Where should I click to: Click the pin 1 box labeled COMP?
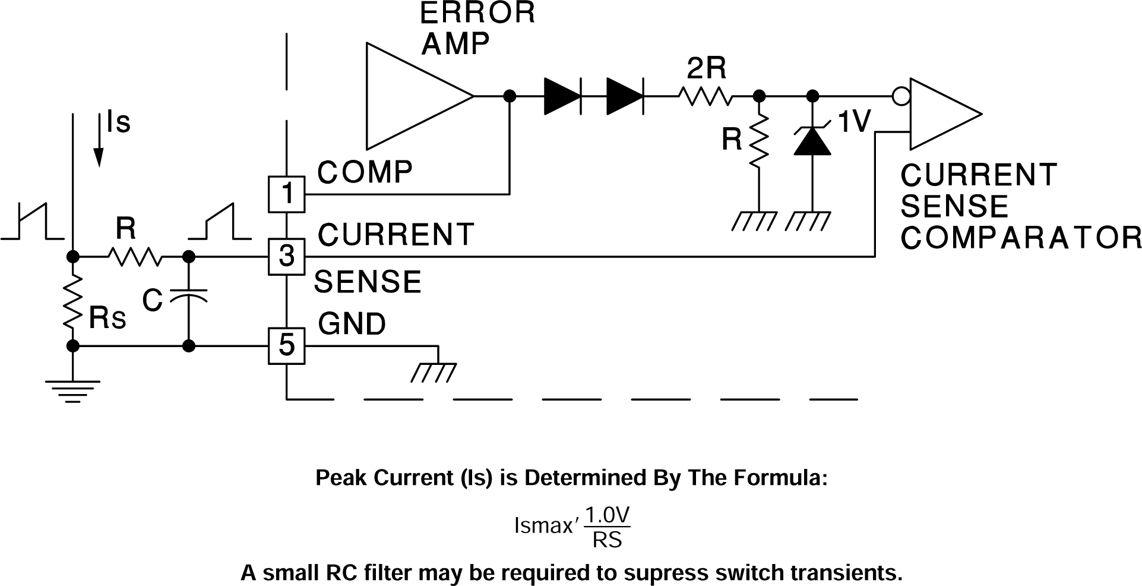pyautogui.click(x=287, y=194)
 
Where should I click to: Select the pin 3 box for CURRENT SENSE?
pyautogui.click(x=287, y=257)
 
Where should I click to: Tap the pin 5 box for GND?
pyautogui.click(x=287, y=345)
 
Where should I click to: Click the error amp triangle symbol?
pyautogui.click(x=410, y=96)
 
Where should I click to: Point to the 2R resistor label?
pyautogui.click(x=706, y=70)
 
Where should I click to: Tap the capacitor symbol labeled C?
pyautogui.click(x=189, y=295)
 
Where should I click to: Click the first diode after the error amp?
pyautogui.click(x=562, y=96)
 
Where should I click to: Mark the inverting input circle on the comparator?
pyautogui.click(x=901, y=96)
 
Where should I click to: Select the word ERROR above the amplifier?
pyautogui.click(x=477, y=13)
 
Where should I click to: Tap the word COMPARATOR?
pyautogui.click(x=1020, y=237)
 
